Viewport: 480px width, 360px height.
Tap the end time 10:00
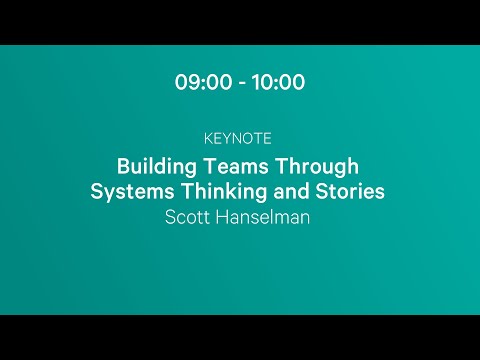tap(279, 83)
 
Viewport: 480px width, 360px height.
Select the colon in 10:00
tap(278, 83)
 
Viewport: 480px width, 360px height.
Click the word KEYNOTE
tap(239, 138)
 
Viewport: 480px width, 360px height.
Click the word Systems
tap(128, 191)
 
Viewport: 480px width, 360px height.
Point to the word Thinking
tap(215, 191)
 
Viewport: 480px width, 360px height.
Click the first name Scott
tap(189, 217)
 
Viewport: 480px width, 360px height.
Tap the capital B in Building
tap(123, 165)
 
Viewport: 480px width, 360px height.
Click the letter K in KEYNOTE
tap(206, 138)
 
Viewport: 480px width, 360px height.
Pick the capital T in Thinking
tap(178, 191)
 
